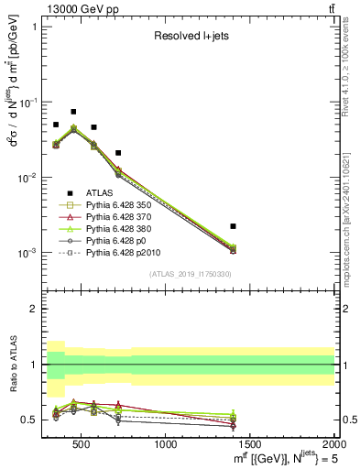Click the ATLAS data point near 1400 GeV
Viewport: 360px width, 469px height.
[234, 225]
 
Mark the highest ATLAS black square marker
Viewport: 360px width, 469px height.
[73, 112]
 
